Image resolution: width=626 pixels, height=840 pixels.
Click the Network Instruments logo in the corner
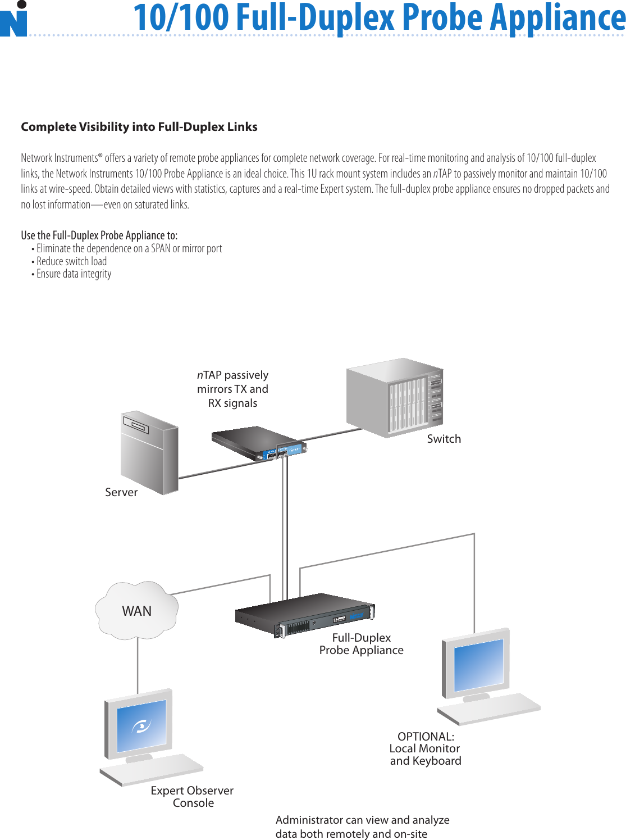pyautogui.click(x=14, y=20)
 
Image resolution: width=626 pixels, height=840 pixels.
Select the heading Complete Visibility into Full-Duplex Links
pyautogui.click(x=139, y=127)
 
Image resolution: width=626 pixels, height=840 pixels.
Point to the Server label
pyautogui.click(x=121, y=492)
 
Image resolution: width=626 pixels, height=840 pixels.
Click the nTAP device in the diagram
pyautogui.click(x=258, y=443)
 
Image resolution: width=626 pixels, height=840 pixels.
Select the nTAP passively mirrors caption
pyautogui.click(x=232, y=389)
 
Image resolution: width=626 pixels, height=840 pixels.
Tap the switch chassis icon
pyautogui.click(x=395, y=397)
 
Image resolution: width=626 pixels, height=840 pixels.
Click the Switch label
pyautogui.click(x=444, y=439)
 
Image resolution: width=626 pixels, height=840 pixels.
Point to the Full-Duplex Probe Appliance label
pyautogui.click(x=361, y=644)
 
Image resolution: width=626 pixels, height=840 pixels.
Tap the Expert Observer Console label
pyautogui.click(x=192, y=797)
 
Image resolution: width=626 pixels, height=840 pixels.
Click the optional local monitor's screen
pyautogui.click(x=478, y=665)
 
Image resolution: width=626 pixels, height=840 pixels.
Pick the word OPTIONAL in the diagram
pyautogui.click(x=426, y=737)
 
